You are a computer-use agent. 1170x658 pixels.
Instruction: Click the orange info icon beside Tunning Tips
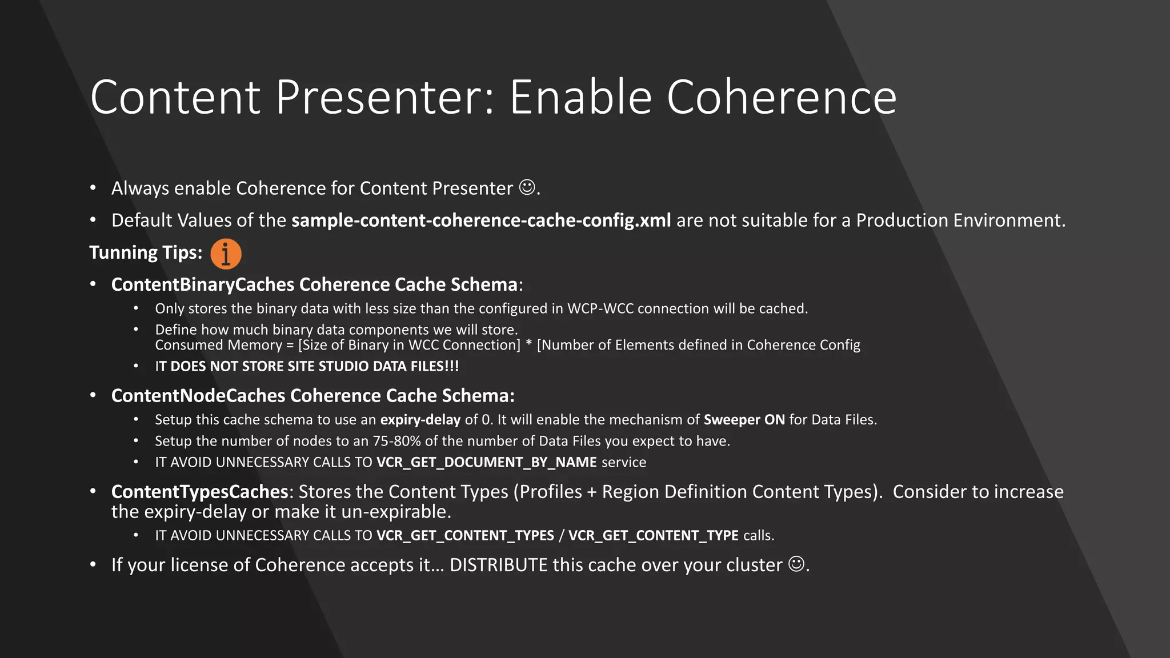click(226, 254)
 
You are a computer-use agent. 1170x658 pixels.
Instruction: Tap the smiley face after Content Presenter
click(527, 187)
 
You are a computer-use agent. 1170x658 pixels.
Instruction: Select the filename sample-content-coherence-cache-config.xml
click(481, 220)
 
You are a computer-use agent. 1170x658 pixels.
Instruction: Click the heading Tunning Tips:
click(146, 252)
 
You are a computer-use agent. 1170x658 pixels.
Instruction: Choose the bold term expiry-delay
click(420, 420)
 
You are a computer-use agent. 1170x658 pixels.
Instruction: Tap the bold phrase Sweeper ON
click(744, 420)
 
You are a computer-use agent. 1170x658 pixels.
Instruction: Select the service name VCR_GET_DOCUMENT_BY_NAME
click(486, 462)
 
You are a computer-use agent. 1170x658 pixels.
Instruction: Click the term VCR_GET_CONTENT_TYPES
click(465, 535)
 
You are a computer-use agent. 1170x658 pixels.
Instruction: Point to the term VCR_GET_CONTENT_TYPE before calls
click(653, 535)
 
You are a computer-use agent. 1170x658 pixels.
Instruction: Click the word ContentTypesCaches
click(199, 492)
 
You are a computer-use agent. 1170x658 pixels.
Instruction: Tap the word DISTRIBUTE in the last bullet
click(498, 565)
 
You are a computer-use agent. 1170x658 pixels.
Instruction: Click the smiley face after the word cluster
click(796, 564)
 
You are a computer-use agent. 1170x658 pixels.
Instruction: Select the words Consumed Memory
click(218, 345)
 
